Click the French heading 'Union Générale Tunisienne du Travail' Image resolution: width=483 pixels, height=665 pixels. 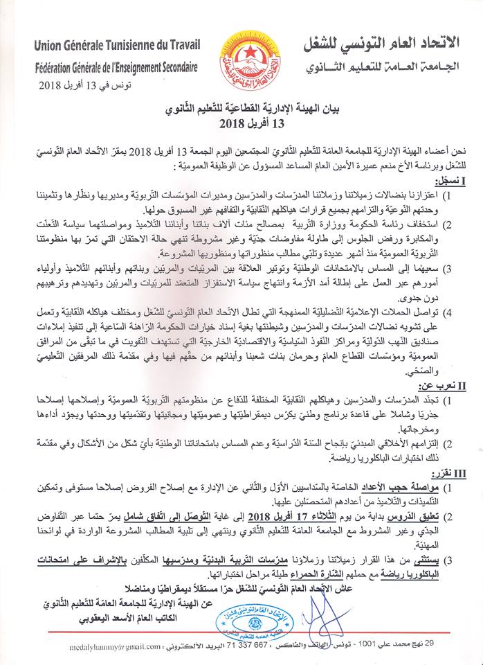click(117, 46)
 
